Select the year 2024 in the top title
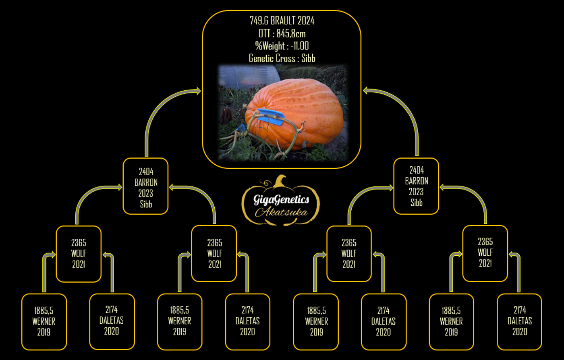click(x=306, y=21)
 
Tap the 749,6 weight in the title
click(x=259, y=21)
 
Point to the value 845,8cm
click(x=291, y=33)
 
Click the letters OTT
click(x=264, y=33)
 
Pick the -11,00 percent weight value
click(x=300, y=46)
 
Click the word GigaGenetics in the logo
click(x=281, y=199)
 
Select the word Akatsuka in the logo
click(x=281, y=212)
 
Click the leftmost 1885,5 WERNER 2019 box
click(x=44, y=322)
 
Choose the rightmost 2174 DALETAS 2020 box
click(x=519, y=322)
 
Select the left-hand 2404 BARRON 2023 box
click(x=145, y=186)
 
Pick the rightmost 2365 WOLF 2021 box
click(x=485, y=253)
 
